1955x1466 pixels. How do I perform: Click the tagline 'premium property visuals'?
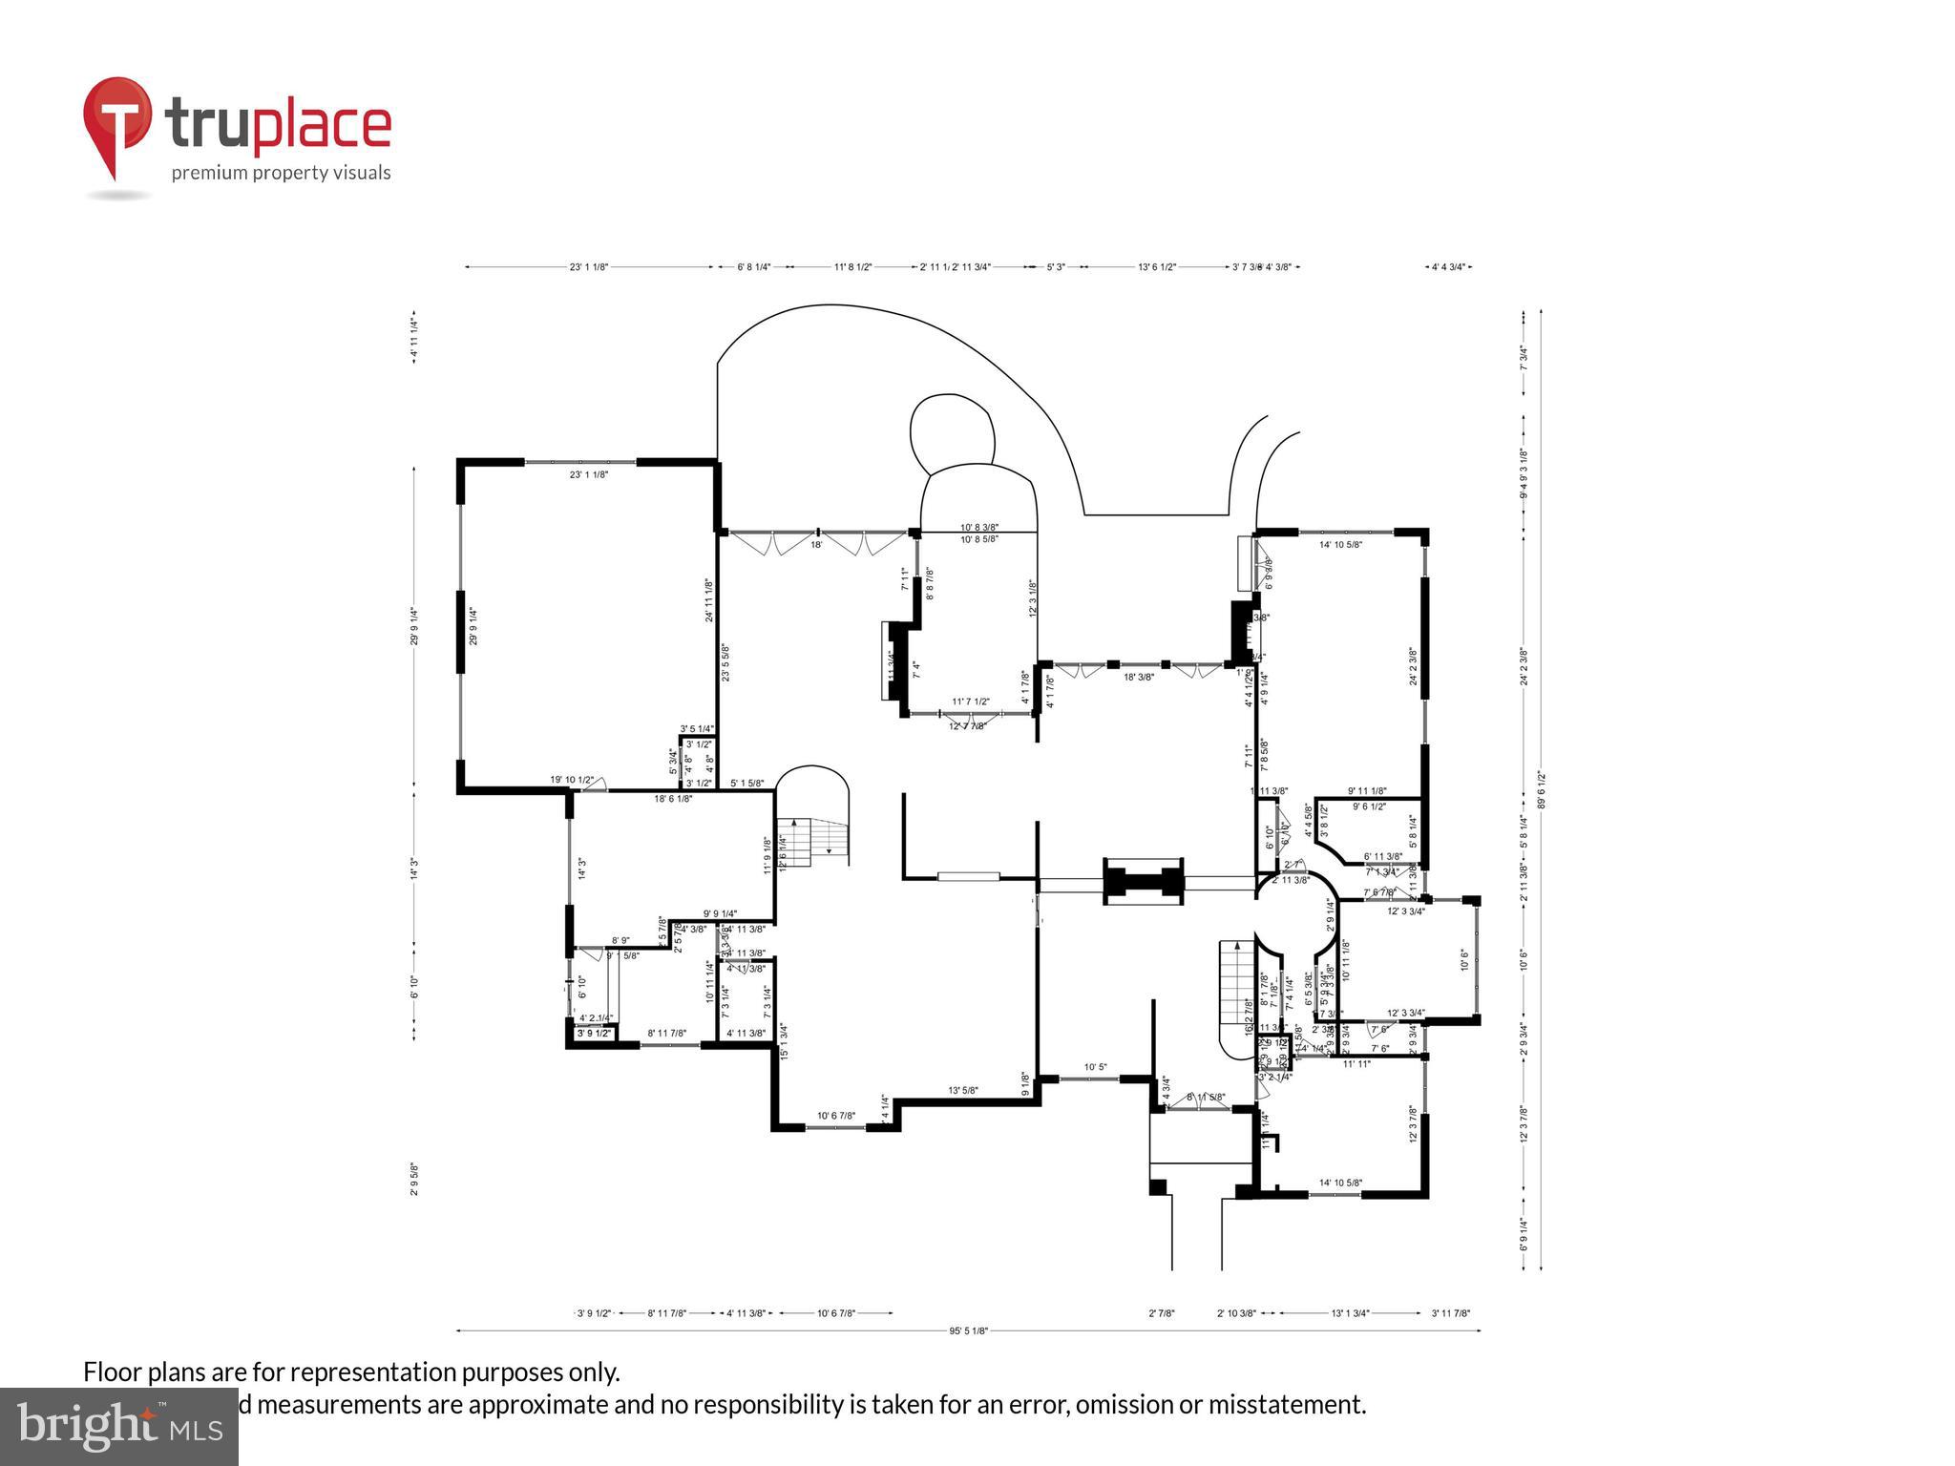[x=281, y=173]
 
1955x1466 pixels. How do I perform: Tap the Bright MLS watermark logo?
[x=118, y=1426]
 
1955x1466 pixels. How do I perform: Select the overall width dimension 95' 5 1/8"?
[x=968, y=1330]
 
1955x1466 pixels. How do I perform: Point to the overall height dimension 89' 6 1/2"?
[x=1541, y=789]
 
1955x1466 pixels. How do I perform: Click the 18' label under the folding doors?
[x=816, y=545]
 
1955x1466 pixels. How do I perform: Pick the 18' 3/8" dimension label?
[x=1138, y=677]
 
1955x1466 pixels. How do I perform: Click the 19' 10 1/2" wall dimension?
[x=572, y=780]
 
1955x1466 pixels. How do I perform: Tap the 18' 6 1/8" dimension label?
[x=673, y=799]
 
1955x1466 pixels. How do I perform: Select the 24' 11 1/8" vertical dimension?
[x=709, y=600]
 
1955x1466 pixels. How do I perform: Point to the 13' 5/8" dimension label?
[x=962, y=1090]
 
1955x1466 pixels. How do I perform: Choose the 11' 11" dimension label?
[x=1356, y=1063]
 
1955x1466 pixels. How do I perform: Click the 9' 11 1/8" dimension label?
[x=1367, y=791]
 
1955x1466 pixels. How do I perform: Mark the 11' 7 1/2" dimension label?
[x=970, y=702]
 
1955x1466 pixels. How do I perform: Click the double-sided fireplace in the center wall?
[x=1144, y=882]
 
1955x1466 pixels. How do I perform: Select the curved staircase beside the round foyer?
[x=1237, y=993]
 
